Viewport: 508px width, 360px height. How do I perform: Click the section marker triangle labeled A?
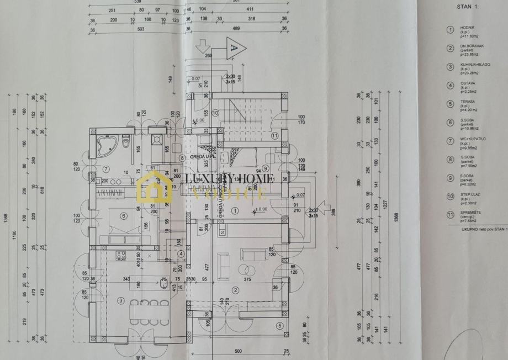(x=234, y=49)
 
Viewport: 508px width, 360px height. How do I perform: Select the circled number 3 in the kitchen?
(x=120, y=300)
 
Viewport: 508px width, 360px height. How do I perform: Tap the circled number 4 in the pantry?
(x=181, y=254)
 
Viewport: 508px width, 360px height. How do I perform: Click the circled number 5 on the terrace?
(x=279, y=326)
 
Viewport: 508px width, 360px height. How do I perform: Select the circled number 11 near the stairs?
(x=275, y=135)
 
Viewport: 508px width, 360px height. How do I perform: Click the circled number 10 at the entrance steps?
(x=216, y=113)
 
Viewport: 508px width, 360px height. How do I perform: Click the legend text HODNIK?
(x=467, y=27)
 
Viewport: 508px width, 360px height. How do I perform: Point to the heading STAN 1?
(x=468, y=7)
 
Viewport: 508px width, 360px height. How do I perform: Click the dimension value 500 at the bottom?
(x=238, y=351)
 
